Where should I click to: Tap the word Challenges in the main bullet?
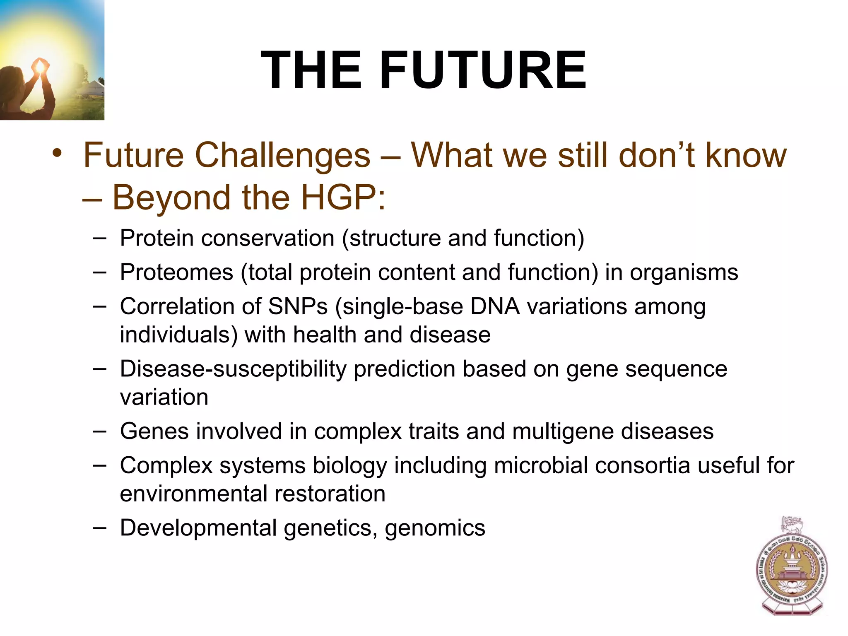tap(282, 155)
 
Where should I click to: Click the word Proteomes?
tap(177, 272)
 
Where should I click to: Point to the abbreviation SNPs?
tap(298, 307)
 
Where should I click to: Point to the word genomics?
tap(435, 528)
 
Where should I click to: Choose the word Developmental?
tap(198, 528)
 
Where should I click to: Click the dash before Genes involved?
tap(99, 431)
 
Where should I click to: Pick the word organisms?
tap(684, 272)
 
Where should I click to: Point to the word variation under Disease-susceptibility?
tap(164, 397)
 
